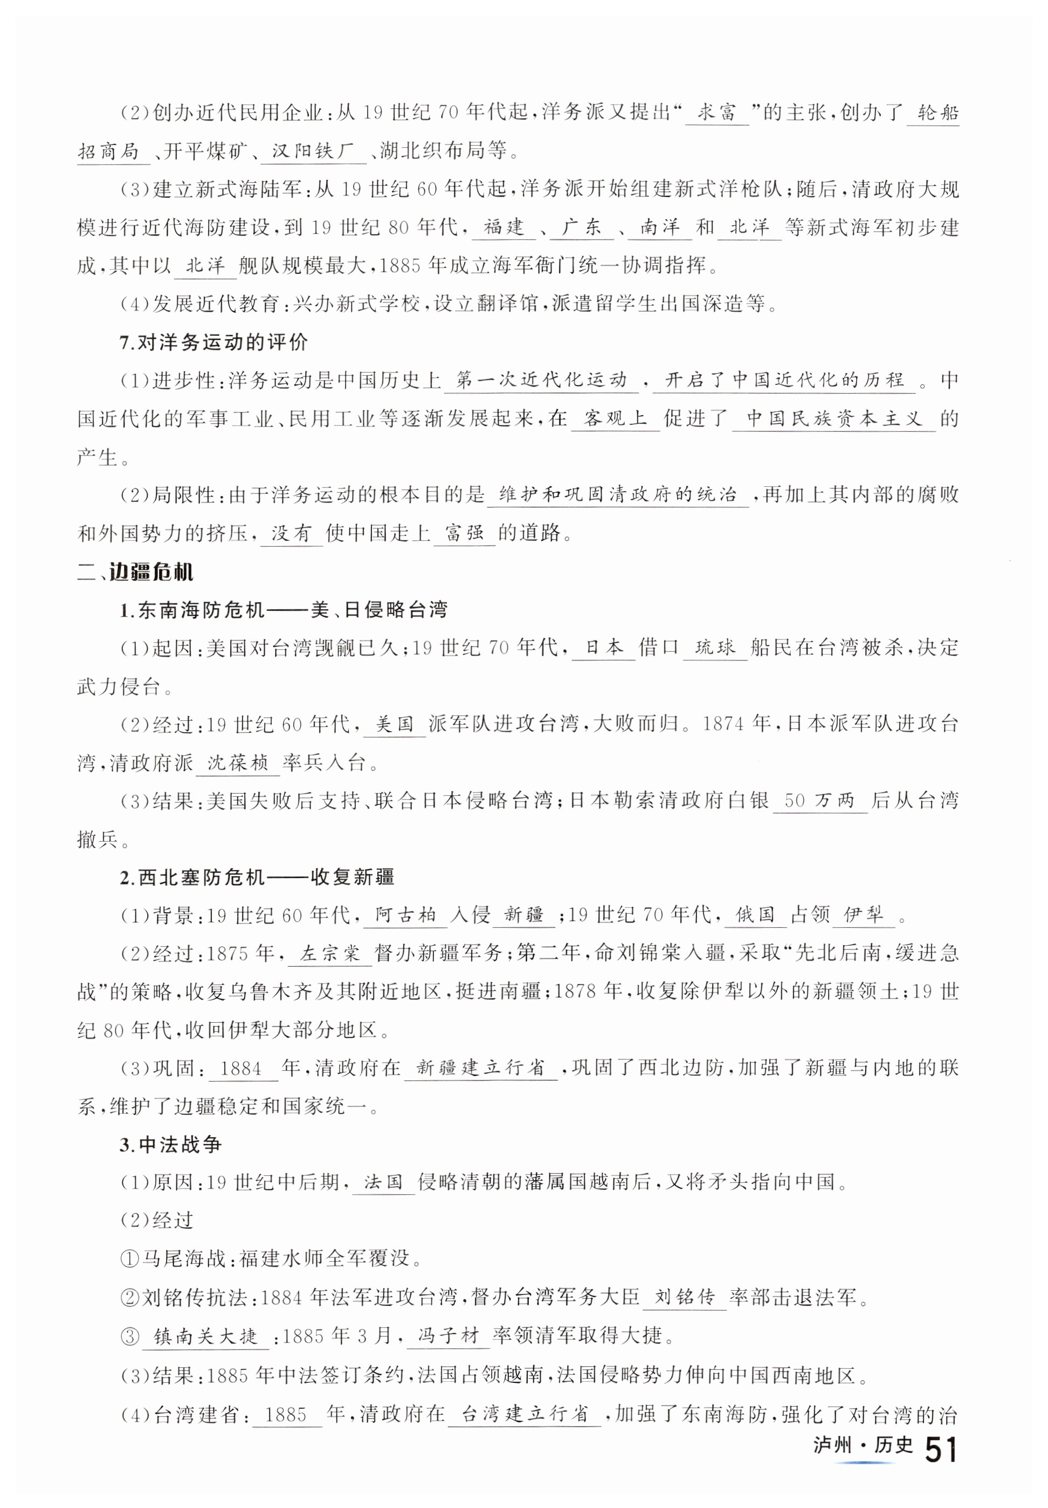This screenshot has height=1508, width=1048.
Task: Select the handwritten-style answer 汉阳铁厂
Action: point(313,152)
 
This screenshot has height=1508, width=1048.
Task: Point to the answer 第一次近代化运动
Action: point(541,380)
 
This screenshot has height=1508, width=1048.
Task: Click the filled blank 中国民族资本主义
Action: point(834,418)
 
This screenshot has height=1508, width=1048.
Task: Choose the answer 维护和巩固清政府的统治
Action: point(617,494)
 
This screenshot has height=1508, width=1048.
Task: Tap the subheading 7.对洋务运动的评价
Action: point(213,342)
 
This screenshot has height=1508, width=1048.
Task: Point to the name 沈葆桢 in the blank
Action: point(238,762)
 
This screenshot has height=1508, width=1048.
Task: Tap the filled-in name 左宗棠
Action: point(330,953)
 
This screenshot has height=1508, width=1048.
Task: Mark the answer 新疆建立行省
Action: point(481,1068)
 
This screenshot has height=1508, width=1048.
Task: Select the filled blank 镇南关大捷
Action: point(205,1335)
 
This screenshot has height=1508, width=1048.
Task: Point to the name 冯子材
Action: point(449,1335)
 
